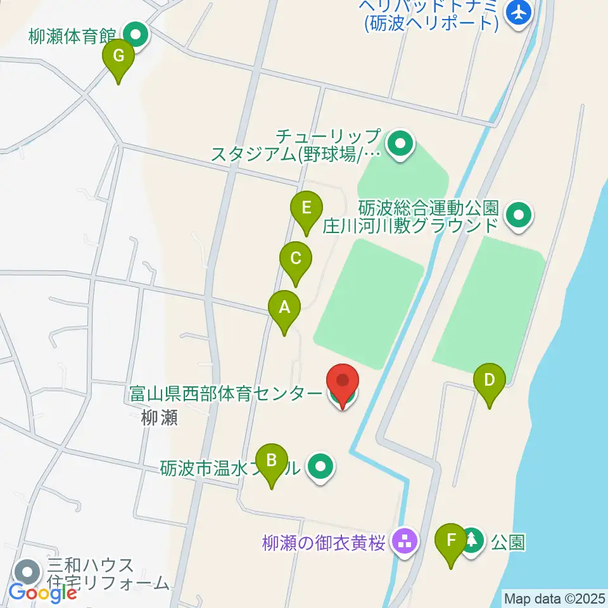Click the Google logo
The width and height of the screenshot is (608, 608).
pos(42,593)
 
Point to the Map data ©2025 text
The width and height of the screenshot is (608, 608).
pos(554,598)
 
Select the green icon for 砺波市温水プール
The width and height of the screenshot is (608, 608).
pos(320,468)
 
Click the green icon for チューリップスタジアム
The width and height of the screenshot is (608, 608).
pos(400,145)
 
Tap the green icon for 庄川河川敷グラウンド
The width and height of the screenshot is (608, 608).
pos(519,216)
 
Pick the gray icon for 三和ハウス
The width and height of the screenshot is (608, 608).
pos(28,573)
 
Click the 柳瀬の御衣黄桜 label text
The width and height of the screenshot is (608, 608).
pos(324,543)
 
